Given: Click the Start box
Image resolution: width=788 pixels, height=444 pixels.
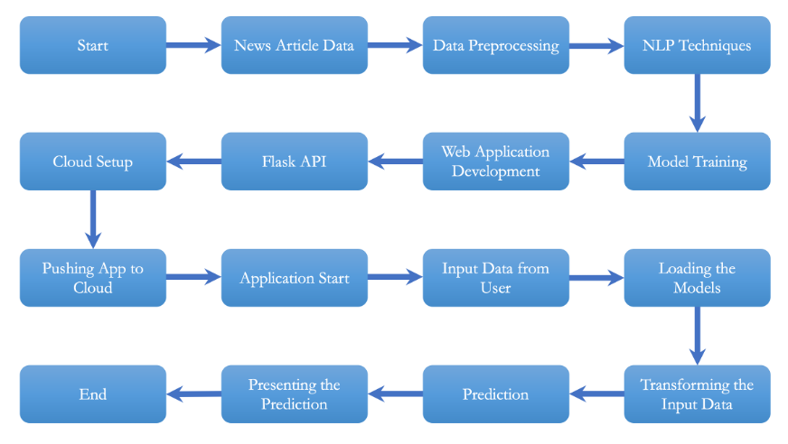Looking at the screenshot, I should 93,45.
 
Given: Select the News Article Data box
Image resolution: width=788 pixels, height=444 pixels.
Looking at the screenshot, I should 295,45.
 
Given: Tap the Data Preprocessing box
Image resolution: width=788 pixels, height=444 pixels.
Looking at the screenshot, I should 496,45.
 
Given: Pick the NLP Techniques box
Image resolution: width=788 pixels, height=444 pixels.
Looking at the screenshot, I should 697,45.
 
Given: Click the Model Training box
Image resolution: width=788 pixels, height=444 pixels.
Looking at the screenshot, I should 697,162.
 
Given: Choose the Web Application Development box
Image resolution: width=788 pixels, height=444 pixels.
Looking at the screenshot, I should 496,162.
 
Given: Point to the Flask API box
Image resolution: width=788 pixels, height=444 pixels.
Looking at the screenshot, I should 295,162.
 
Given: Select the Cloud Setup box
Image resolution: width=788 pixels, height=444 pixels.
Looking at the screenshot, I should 93,162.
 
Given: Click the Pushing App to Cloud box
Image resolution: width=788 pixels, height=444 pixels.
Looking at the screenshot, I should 93,278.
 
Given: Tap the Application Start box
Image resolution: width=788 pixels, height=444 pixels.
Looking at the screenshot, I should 295,278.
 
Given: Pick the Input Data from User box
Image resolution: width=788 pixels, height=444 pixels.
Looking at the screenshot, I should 496,278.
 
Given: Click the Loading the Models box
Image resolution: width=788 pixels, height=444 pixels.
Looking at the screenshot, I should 697,278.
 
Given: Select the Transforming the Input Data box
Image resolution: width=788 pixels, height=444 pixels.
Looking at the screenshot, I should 697,394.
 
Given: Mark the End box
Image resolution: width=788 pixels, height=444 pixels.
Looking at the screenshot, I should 93,394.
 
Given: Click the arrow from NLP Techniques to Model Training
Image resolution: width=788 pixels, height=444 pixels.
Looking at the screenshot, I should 697,103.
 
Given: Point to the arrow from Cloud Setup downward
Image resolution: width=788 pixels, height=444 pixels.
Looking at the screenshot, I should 93,219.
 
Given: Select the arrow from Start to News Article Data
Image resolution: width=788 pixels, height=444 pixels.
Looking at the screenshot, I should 193,45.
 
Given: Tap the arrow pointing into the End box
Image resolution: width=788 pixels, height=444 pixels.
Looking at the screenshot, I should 193,393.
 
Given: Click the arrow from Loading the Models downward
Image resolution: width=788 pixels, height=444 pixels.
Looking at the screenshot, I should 697,336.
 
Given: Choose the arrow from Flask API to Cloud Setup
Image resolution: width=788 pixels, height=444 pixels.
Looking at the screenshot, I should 193,162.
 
